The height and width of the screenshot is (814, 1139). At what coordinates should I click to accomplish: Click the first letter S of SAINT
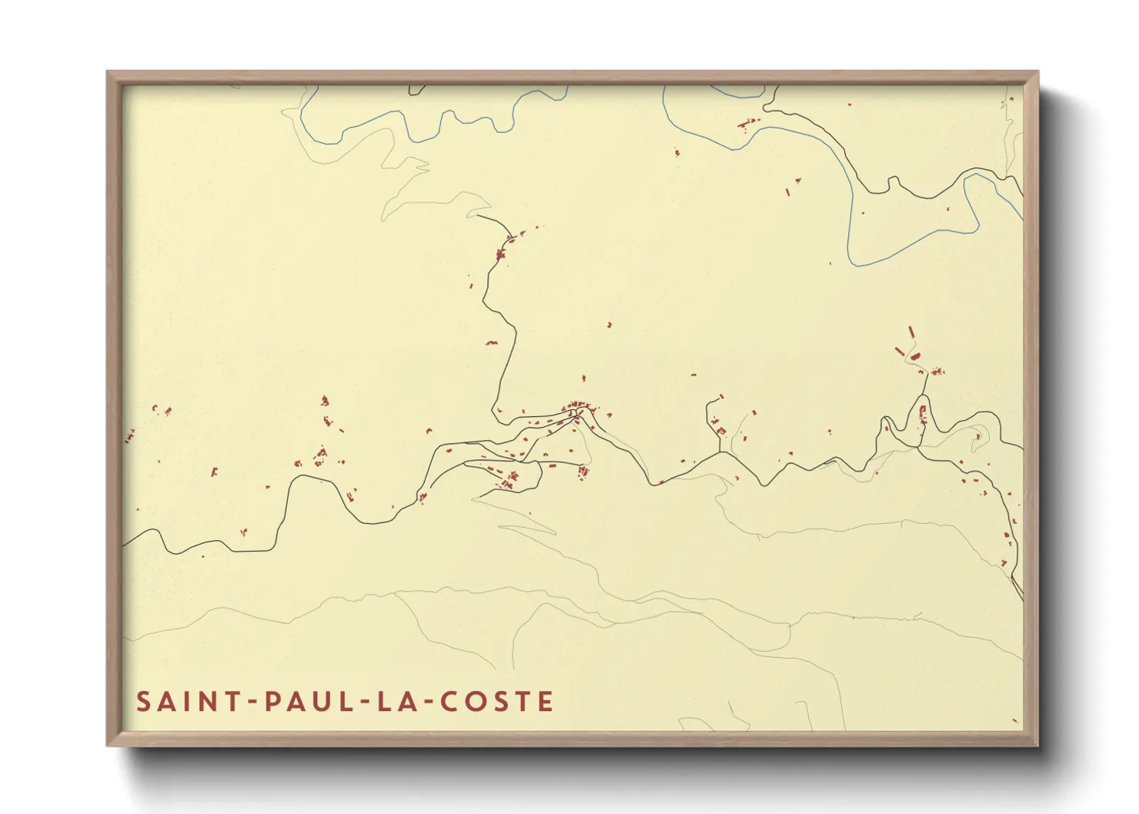click(143, 702)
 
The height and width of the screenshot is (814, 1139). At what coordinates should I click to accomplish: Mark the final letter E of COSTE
click(546, 702)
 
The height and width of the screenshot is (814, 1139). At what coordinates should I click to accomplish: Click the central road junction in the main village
click(576, 413)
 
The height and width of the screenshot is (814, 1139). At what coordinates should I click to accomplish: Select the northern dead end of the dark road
click(477, 215)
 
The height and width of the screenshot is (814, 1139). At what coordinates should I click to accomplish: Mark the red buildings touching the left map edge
click(129, 436)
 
